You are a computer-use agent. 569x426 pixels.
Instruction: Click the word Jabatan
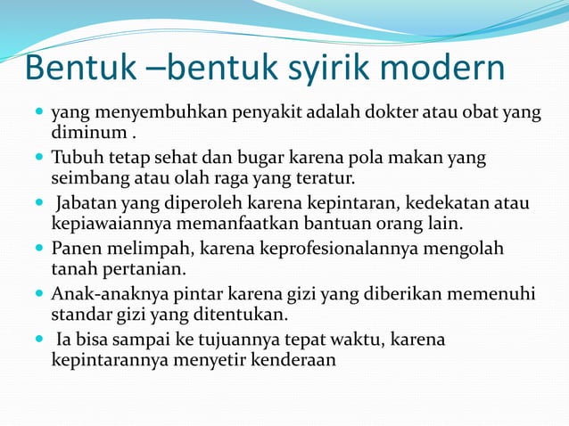pos(92,203)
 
